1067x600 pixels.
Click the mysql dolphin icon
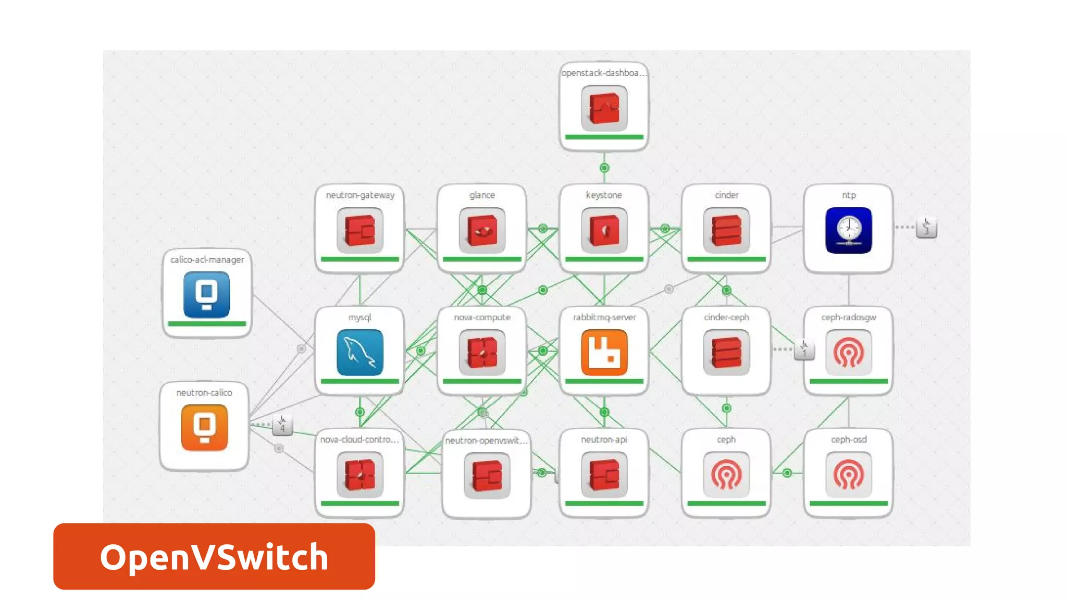click(359, 353)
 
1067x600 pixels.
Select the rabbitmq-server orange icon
click(604, 353)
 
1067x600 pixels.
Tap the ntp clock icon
click(848, 230)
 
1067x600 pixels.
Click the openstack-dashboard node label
click(604, 73)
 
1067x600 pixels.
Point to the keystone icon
click(604, 230)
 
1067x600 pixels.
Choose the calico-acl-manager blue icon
click(207, 294)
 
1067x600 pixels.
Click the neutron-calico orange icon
click(204, 427)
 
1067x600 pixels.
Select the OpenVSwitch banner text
click(214, 557)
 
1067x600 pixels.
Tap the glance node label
click(482, 195)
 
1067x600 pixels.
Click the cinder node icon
click(726, 230)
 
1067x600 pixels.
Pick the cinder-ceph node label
click(726, 317)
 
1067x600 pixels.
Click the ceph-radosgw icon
click(848, 353)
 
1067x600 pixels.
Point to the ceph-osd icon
click(848, 474)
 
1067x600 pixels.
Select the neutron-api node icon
click(604, 474)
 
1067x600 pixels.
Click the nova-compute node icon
click(482, 353)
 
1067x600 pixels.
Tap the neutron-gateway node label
click(360, 195)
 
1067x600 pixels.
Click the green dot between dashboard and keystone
click(604, 168)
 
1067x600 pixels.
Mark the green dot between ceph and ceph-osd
click(787, 473)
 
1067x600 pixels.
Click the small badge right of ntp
click(926, 227)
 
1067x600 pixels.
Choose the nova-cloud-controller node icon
click(359, 474)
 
